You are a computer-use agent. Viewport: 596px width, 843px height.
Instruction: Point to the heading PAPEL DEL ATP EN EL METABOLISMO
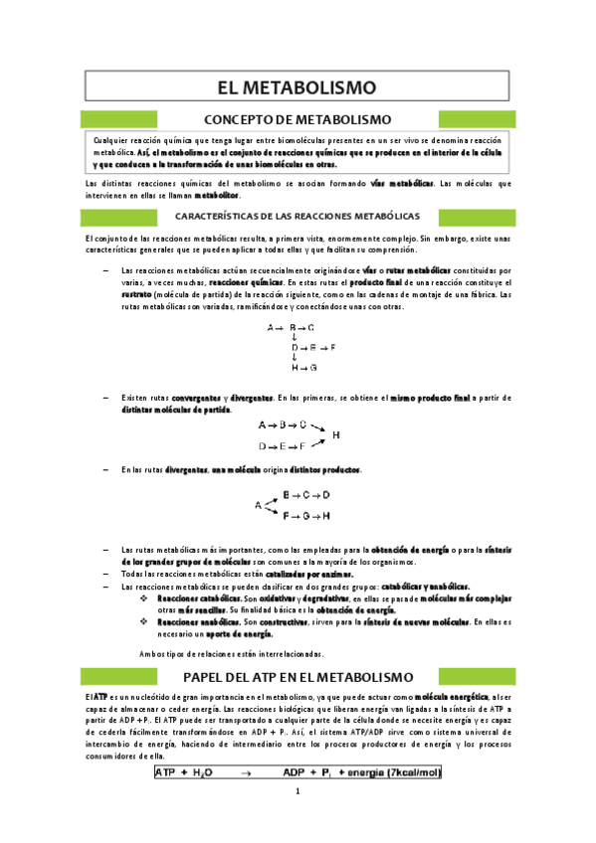(298, 676)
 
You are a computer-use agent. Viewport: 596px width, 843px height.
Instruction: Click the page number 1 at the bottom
(297, 792)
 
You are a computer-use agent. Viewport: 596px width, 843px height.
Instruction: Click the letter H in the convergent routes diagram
(335, 434)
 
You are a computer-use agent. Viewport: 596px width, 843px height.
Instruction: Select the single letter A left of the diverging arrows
(258, 505)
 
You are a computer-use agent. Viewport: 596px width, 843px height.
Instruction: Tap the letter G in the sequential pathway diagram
(313, 368)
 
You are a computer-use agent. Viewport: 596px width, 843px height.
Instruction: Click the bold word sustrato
(136, 295)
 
